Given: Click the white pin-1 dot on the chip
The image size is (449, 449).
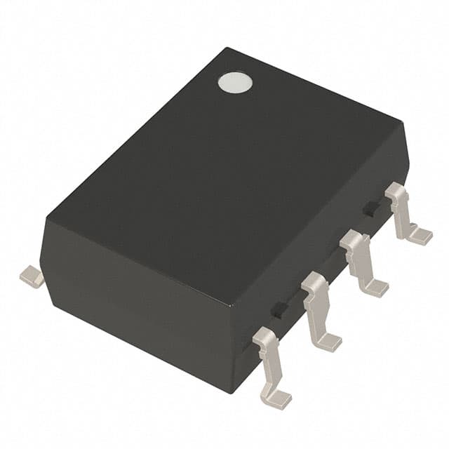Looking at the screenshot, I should [x=235, y=83].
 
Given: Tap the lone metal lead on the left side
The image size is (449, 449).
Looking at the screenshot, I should [x=32, y=276].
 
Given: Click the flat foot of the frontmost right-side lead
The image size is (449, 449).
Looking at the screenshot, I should [x=278, y=399].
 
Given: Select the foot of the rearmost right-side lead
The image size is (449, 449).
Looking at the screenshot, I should [x=420, y=236].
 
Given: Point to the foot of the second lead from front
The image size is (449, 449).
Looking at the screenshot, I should [x=326, y=342].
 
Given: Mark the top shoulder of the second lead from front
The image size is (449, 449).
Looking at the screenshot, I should [x=314, y=281].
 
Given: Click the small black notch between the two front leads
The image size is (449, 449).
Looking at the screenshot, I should [x=279, y=309].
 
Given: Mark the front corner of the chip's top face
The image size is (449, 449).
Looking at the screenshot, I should [x=231, y=307].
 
